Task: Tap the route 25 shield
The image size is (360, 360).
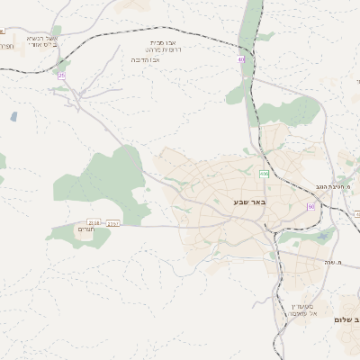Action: (61, 76)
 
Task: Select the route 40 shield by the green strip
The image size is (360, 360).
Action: (241, 59)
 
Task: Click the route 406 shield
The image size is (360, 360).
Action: (264, 174)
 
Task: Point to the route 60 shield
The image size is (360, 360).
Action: (310, 206)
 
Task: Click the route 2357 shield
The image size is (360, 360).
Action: (112, 222)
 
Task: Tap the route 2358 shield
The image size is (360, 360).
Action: (94, 222)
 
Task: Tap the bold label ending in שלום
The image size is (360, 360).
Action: (346, 320)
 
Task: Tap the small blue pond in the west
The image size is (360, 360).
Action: (13, 116)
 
